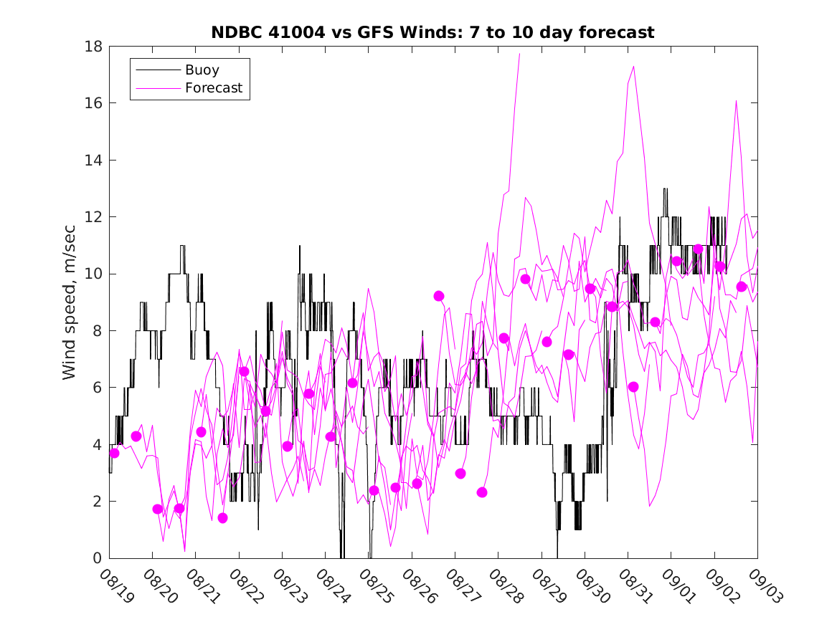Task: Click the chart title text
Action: pos(432,32)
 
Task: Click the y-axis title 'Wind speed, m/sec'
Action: pos(70,302)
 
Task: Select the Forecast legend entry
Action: pos(213,88)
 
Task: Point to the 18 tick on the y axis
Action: pos(95,47)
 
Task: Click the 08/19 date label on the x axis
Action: pos(115,587)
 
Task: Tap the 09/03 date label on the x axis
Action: pos(763,587)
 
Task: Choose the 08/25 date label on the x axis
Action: pos(374,587)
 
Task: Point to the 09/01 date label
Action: pos(677,587)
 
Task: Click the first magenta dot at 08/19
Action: pos(114,453)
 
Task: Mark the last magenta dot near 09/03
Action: pos(742,287)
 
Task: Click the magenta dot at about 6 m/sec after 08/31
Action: pos(633,387)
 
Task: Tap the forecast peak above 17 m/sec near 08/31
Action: pos(634,66)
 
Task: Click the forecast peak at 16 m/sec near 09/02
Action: pos(736,100)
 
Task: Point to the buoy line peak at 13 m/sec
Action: pos(666,189)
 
